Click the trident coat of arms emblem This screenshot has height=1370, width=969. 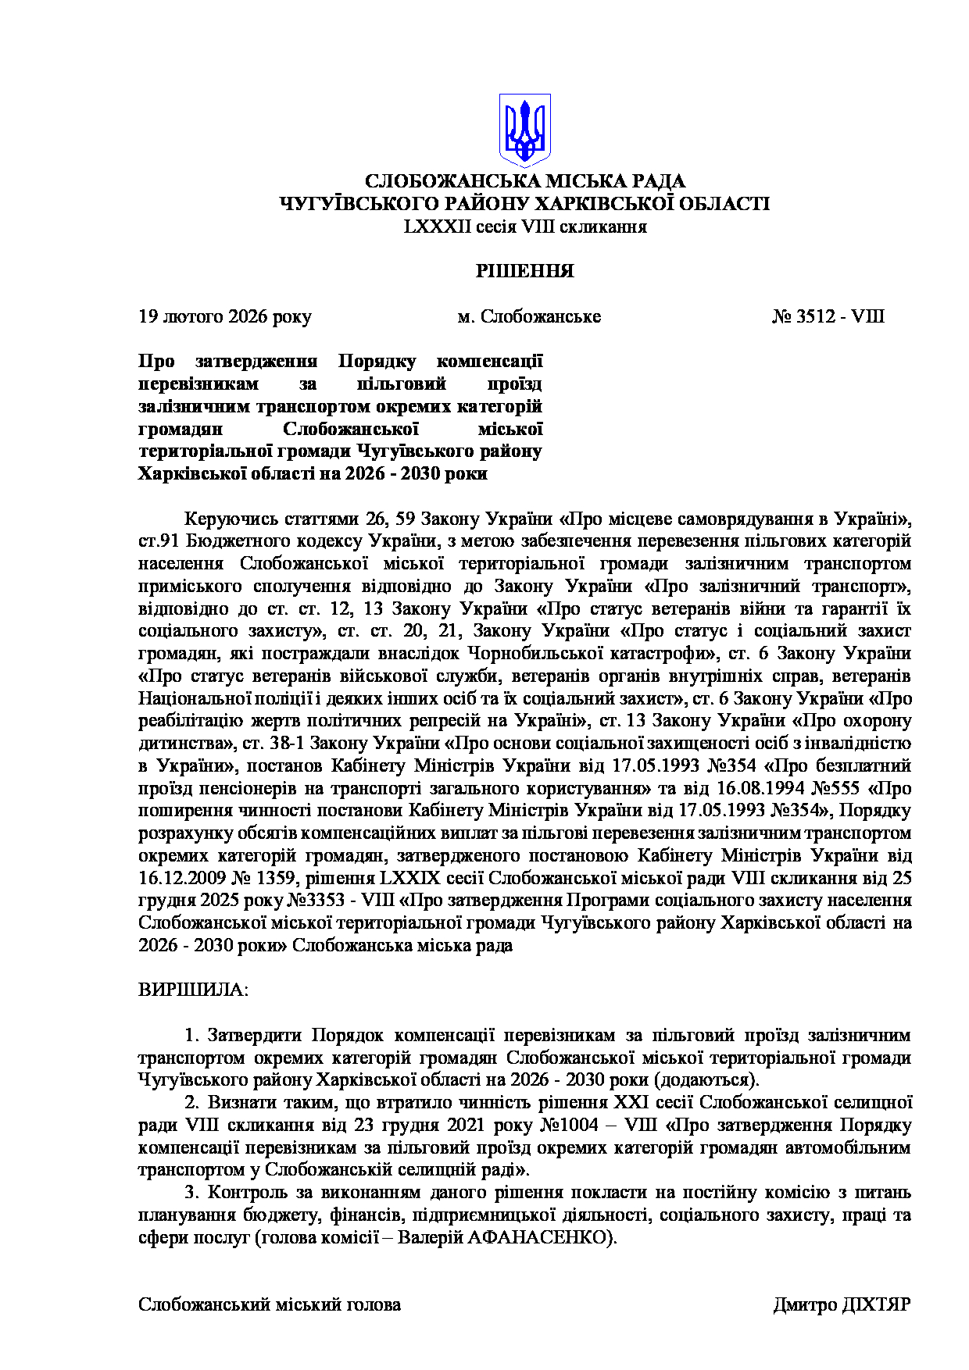click(x=524, y=129)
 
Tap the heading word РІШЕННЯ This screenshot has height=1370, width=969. click(x=525, y=272)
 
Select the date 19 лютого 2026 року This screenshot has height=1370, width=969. click(x=225, y=317)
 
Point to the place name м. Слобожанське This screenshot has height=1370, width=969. click(x=529, y=317)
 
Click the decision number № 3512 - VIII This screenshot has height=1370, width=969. click(x=828, y=317)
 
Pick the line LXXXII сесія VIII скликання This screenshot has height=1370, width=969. click(x=525, y=227)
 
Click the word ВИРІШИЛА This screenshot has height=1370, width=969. click(x=193, y=990)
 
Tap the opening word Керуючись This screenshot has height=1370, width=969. click(x=223, y=519)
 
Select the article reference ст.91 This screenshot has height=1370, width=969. click(x=160, y=541)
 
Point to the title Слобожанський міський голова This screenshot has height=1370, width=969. click(x=270, y=1305)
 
